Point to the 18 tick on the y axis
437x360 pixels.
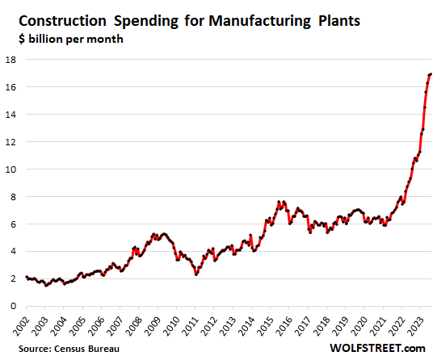(13, 60)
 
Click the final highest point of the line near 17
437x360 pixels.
(430, 74)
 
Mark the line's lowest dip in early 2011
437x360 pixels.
(195, 274)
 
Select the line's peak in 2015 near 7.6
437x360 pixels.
(279, 202)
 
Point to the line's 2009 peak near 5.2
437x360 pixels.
(163, 234)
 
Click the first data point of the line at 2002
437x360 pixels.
(26, 277)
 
